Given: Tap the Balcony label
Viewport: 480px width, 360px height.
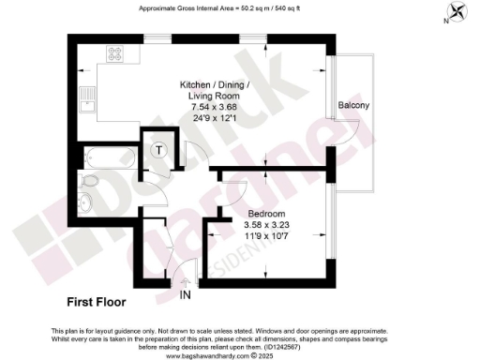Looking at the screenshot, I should tap(353, 106).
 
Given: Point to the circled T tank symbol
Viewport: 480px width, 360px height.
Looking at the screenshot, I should tap(159, 148).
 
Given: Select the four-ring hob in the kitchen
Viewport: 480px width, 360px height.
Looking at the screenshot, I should tap(117, 54).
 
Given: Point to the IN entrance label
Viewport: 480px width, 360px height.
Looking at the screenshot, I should tap(186, 293).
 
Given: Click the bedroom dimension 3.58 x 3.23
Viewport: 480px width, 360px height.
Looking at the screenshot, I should tap(242, 225).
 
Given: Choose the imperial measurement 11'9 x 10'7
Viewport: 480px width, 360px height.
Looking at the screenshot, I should tap(242, 236).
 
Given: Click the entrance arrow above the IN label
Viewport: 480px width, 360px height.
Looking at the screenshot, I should tap(186, 280).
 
